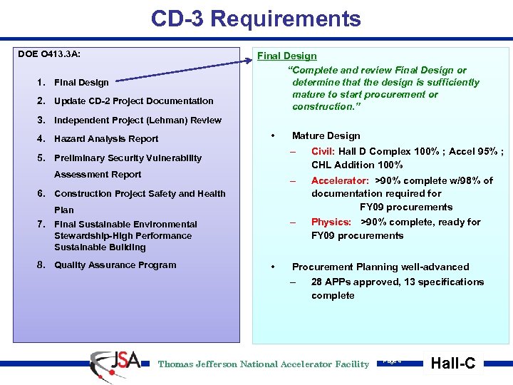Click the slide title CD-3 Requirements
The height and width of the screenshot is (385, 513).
[x=256, y=19]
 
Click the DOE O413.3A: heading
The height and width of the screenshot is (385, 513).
[x=49, y=53]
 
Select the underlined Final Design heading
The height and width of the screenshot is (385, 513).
[x=286, y=56]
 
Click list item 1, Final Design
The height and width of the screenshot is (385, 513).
[x=81, y=83]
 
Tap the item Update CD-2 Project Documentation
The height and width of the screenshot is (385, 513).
[x=133, y=101]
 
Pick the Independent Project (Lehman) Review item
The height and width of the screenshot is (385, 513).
[x=138, y=120]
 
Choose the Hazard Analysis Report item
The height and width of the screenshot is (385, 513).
[x=106, y=139]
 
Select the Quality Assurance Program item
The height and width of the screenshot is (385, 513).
[x=115, y=265]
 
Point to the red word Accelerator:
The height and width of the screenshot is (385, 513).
[x=340, y=180]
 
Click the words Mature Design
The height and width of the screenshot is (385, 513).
[x=326, y=135]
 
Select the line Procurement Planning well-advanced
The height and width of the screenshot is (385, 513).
[x=380, y=267]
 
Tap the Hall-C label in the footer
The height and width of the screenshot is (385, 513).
[x=453, y=364]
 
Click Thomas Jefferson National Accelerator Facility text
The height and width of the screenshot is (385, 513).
[x=264, y=364]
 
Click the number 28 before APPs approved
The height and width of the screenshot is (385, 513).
[x=317, y=282]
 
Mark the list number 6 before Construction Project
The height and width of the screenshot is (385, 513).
[x=42, y=193]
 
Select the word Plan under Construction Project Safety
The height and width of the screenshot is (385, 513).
[x=64, y=210]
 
